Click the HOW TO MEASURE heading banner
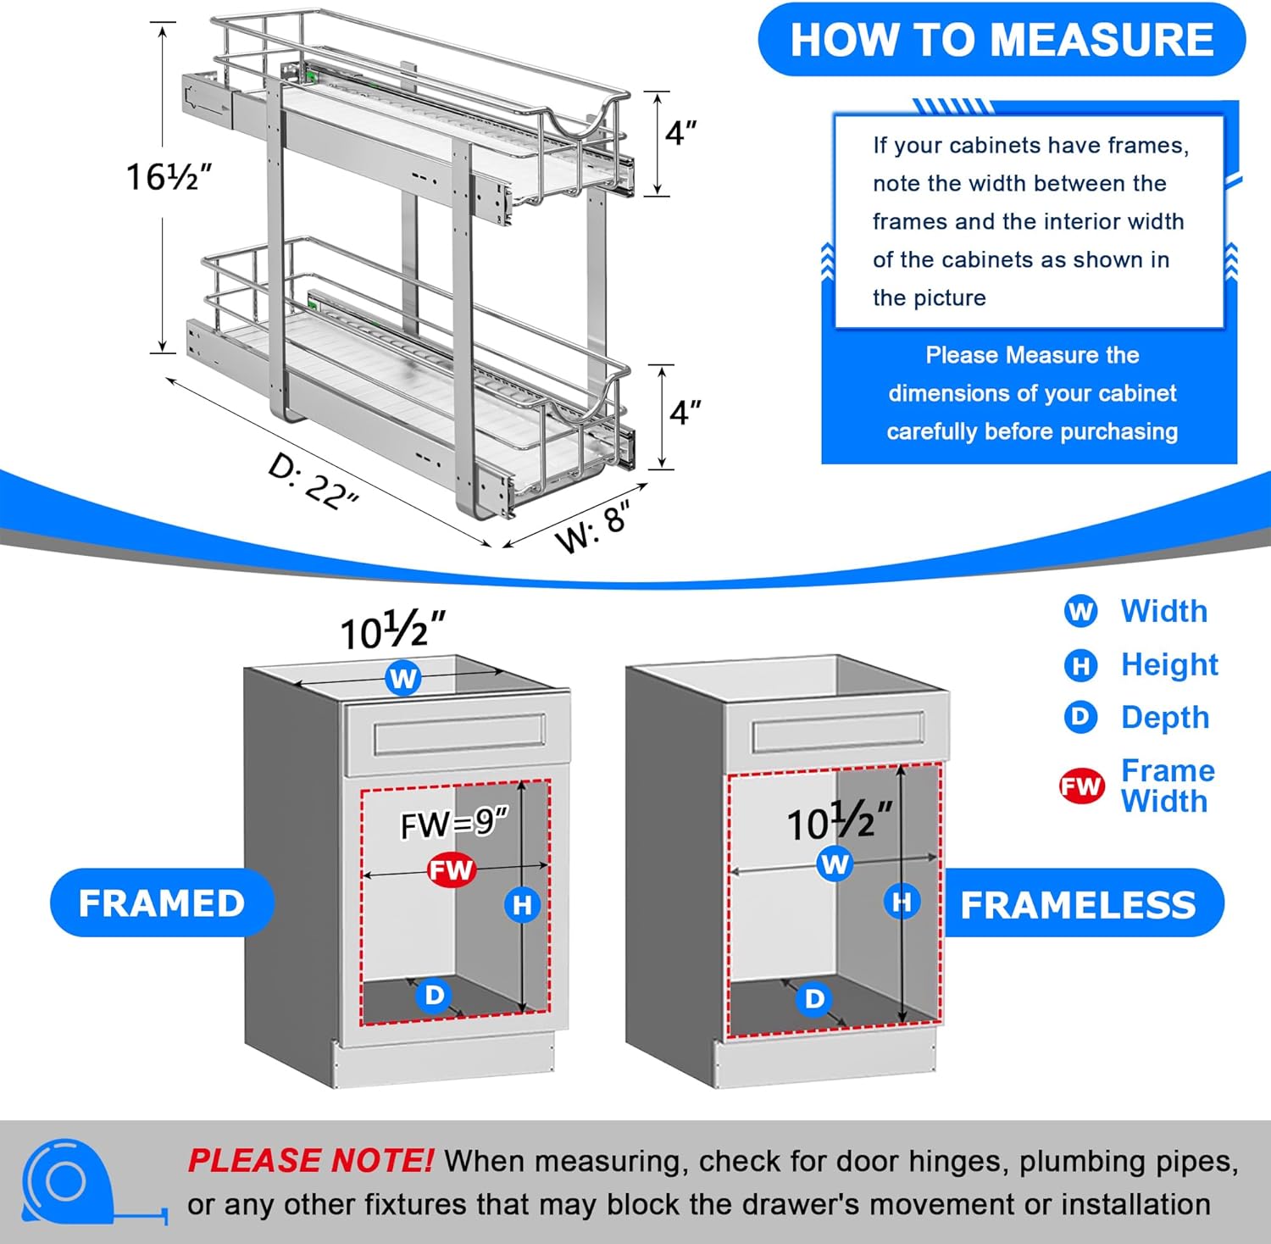pyautogui.click(x=1002, y=40)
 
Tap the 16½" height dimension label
pyautogui.click(x=168, y=176)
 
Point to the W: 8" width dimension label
pyautogui.click(x=592, y=525)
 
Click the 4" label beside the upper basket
pyautogui.click(x=680, y=133)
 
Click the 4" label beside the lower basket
pyautogui.click(x=685, y=413)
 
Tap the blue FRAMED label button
pyautogui.click(x=161, y=902)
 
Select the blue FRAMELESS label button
pyautogui.click(x=1078, y=904)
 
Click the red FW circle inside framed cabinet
pyautogui.click(x=451, y=869)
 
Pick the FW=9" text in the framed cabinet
pyautogui.click(x=454, y=823)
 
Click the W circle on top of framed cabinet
pyautogui.click(x=403, y=678)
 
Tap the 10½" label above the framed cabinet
pyautogui.click(x=392, y=631)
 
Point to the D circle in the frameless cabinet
pyautogui.click(x=813, y=999)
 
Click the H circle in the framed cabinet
pyautogui.click(x=522, y=905)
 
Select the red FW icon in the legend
pyautogui.click(x=1081, y=786)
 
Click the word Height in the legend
pyautogui.click(x=1169, y=664)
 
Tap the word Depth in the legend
pyautogui.click(x=1164, y=717)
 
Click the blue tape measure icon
pyautogui.click(x=68, y=1182)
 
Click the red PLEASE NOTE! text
pyautogui.click(x=310, y=1160)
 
